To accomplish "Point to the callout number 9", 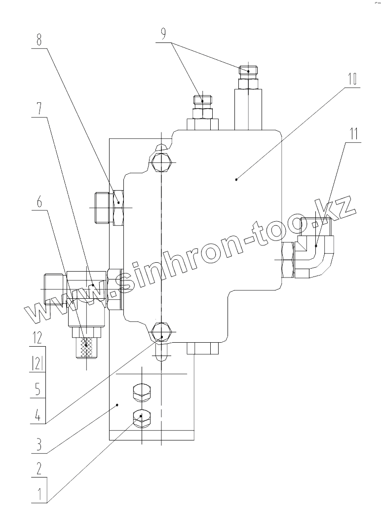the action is click(163, 35).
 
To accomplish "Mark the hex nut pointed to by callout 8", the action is click(119, 207).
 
